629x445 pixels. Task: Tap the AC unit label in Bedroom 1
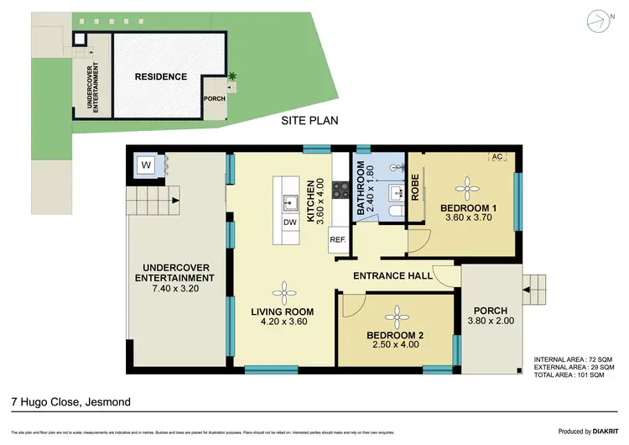496,157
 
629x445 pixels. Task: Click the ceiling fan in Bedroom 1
465,188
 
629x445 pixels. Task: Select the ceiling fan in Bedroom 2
394,315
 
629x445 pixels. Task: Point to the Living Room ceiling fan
287,292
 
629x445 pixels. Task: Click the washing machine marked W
146,165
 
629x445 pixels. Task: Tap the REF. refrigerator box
338,239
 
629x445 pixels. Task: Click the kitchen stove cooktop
340,191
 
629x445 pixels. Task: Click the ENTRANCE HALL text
392,275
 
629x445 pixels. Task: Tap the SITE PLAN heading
309,120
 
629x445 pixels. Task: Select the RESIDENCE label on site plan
160,76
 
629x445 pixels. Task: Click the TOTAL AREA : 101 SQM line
574,376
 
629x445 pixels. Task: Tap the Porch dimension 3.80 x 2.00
494,320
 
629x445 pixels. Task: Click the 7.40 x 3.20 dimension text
177,289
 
